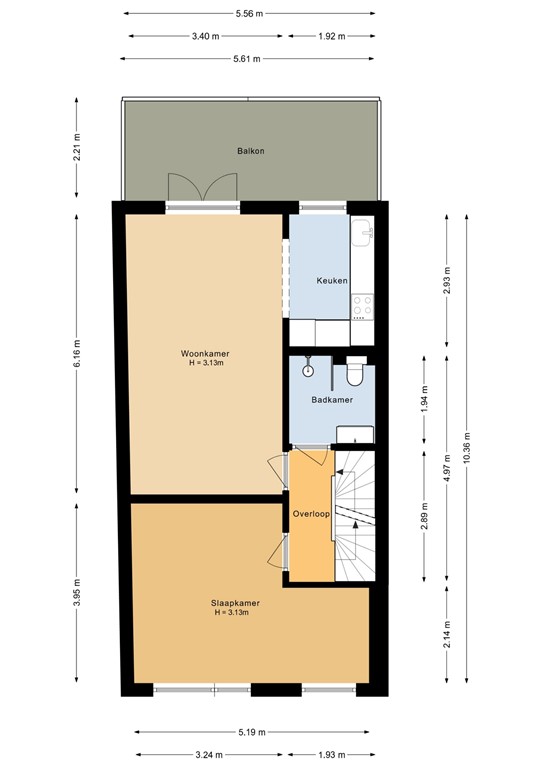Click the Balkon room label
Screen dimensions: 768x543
pos(250,151)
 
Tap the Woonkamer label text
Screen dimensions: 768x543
pos(203,354)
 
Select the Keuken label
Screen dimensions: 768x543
pos(332,281)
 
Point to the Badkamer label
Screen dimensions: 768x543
pos(331,400)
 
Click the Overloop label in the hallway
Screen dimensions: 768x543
pos(311,514)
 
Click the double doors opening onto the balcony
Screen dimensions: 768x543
pos(204,190)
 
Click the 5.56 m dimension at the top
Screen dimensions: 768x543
pos(250,14)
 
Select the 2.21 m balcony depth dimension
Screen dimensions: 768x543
pos(77,156)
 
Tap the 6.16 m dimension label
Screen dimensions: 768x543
pos(77,355)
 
